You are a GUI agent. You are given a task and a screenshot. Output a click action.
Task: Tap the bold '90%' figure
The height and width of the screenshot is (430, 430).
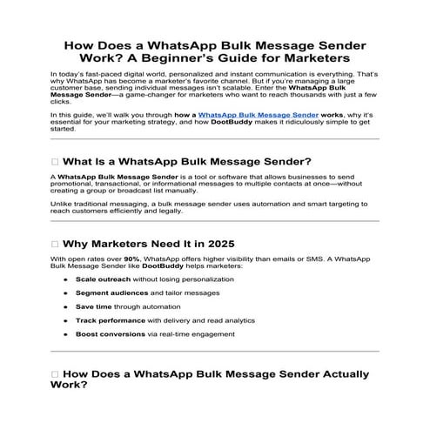pos(132,259)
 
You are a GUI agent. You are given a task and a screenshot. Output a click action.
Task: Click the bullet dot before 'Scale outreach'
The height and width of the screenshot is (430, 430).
pos(68,279)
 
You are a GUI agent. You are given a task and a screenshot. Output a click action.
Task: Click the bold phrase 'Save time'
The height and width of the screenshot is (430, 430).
pos(92,307)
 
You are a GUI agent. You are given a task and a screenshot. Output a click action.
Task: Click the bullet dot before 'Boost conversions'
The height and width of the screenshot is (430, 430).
pos(68,334)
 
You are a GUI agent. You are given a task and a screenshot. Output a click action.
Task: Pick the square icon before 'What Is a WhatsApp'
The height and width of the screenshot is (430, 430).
pos(56,161)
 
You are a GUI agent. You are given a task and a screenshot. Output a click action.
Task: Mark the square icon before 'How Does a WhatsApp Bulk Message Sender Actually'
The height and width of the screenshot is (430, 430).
pos(56,374)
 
